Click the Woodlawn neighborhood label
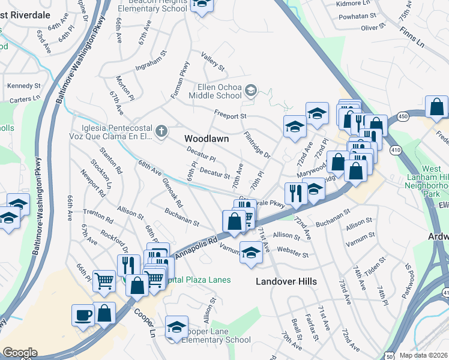point(206,139)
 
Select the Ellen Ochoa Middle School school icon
point(251,91)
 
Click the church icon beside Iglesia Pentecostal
point(161,131)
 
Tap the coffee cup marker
point(82,314)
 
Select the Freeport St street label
point(231,114)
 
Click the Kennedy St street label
point(24,86)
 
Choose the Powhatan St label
point(356,17)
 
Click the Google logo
point(20,353)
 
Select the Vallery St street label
point(212,61)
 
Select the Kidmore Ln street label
point(355,4)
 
